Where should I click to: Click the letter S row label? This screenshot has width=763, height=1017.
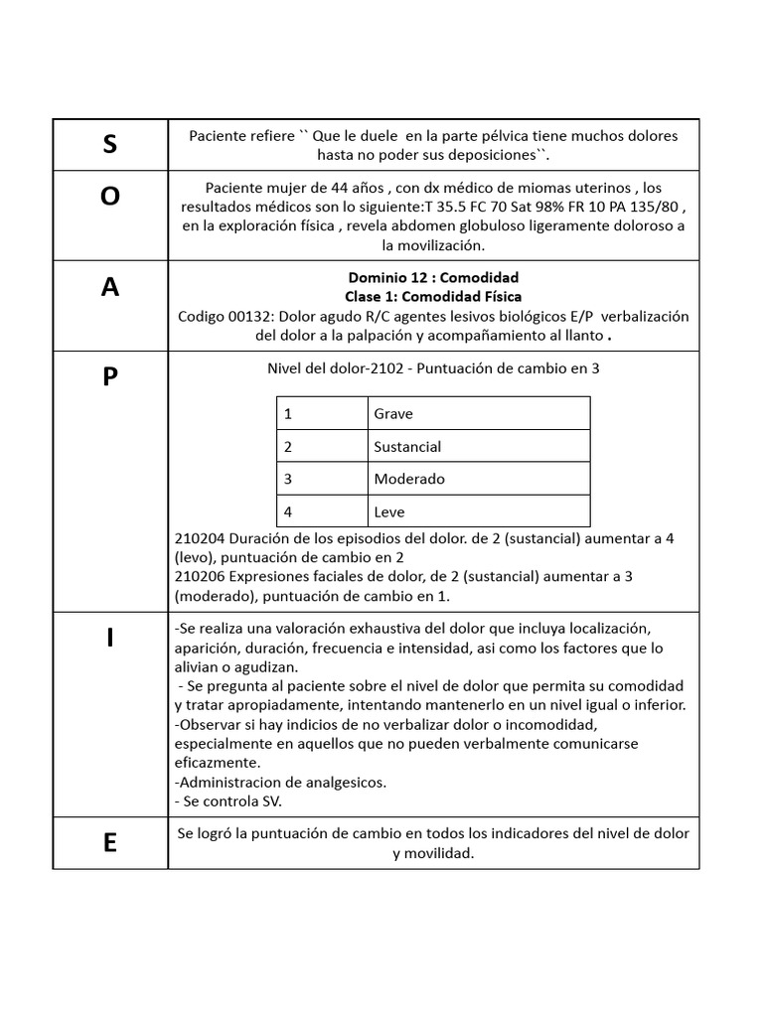pyautogui.click(x=109, y=145)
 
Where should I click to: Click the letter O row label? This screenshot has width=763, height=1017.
pyautogui.click(x=109, y=197)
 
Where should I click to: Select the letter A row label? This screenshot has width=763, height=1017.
pyautogui.click(x=109, y=287)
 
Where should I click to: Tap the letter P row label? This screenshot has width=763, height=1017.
pyautogui.click(x=109, y=377)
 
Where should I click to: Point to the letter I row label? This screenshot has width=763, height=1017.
pyautogui.click(x=109, y=639)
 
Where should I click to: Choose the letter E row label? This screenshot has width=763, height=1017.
pyautogui.click(x=109, y=843)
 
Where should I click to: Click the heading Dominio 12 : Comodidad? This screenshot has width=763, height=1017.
pyautogui.click(x=433, y=277)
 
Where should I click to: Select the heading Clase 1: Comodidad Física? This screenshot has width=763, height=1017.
pyautogui.click(x=433, y=296)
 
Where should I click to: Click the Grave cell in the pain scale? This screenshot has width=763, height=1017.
pyautogui.click(x=393, y=413)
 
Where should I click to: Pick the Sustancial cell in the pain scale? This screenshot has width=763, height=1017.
pyautogui.click(x=407, y=446)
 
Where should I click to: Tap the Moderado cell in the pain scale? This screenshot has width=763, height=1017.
pyautogui.click(x=409, y=479)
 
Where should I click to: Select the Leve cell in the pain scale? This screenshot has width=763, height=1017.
pyautogui.click(x=389, y=512)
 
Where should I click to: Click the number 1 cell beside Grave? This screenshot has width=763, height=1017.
pyautogui.click(x=288, y=413)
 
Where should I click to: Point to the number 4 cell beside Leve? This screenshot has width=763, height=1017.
pyautogui.click(x=288, y=512)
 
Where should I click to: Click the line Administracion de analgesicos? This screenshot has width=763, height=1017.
pyautogui.click(x=280, y=782)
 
